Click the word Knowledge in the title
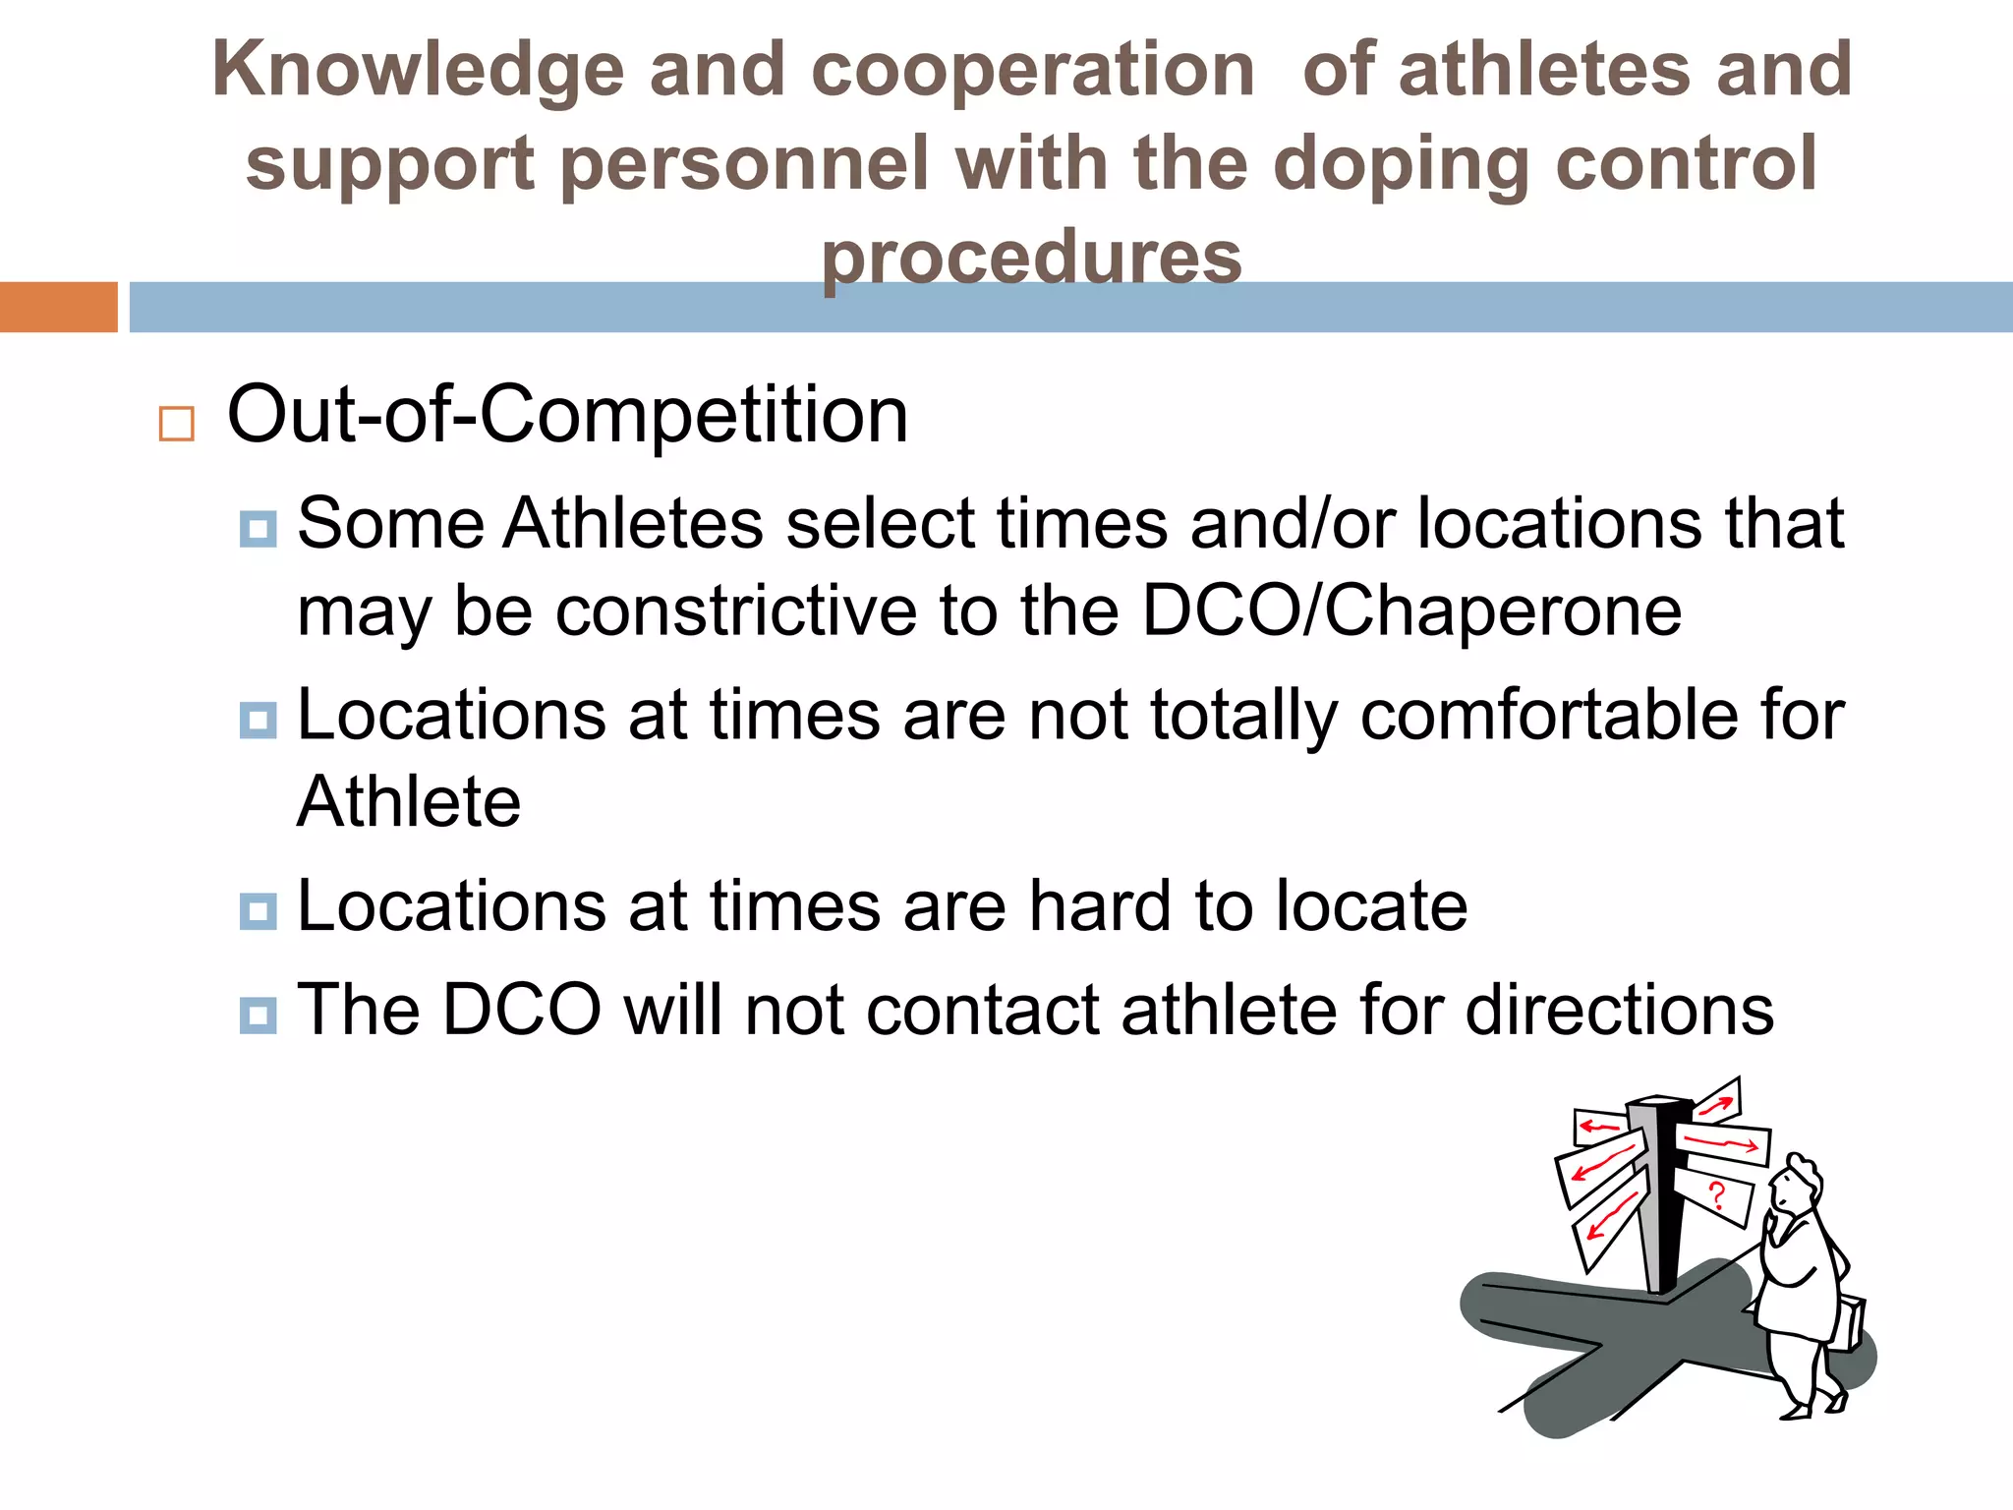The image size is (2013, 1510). [x=418, y=71]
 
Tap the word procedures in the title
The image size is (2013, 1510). [x=1031, y=258]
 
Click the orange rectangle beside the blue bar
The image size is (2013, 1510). [x=58, y=307]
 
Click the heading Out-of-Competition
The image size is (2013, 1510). [x=567, y=415]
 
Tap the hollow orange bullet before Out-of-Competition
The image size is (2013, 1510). [x=177, y=424]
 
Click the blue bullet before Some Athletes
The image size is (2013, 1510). [x=258, y=529]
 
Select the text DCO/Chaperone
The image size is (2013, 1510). [x=1411, y=611]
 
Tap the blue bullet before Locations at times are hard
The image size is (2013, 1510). [x=258, y=911]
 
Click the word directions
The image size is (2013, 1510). [x=1619, y=1010]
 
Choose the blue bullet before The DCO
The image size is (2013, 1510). [x=258, y=1015]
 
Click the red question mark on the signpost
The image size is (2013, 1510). [x=1716, y=1195]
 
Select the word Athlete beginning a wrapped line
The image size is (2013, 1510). [x=409, y=802]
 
